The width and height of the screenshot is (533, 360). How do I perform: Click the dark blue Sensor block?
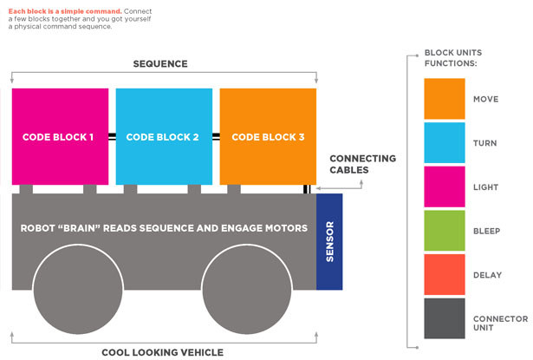point(329,241)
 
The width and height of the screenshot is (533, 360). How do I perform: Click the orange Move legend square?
point(444,99)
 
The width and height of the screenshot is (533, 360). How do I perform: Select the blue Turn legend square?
point(444,143)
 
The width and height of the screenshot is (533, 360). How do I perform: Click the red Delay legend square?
point(444,275)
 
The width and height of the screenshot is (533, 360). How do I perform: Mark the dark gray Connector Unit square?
point(444,319)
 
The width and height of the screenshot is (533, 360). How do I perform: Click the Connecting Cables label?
point(362,164)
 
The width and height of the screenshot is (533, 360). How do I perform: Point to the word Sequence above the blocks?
point(159,64)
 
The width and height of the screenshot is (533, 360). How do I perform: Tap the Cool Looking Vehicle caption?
point(162,352)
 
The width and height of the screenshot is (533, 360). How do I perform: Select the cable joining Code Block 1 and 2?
point(112,137)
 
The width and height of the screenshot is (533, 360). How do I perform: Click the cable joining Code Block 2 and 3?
point(216,137)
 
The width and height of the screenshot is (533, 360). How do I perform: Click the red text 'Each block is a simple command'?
point(55,10)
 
